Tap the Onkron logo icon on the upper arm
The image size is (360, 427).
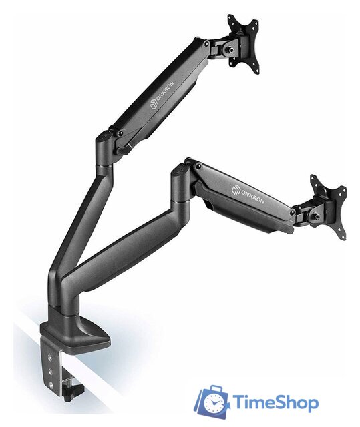coord(154,105)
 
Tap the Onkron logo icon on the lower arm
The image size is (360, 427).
coord(236,190)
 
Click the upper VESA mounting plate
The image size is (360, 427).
coord(243,43)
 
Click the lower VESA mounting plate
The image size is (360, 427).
coord(328,207)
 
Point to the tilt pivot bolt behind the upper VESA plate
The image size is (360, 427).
coord(228,50)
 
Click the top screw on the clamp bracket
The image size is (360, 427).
coord(49,357)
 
